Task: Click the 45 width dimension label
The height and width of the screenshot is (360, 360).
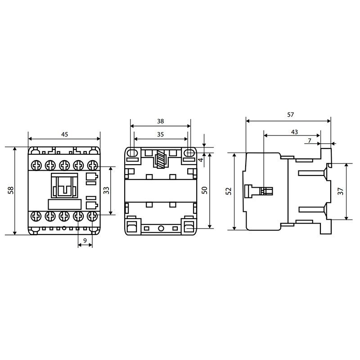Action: (65, 134)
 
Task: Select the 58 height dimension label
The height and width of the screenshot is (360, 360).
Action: (11, 190)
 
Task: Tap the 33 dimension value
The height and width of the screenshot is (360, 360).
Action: (106, 190)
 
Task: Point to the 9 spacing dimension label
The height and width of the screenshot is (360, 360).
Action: (85, 241)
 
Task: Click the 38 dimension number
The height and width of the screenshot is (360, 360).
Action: (161, 121)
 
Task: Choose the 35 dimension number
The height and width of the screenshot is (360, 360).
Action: (161, 134)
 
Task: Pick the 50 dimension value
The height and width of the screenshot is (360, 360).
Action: (205, 190)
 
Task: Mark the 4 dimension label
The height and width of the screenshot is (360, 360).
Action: (201, 160)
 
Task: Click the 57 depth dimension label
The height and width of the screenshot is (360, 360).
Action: (290, 114)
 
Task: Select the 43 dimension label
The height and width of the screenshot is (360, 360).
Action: (294, 132)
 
